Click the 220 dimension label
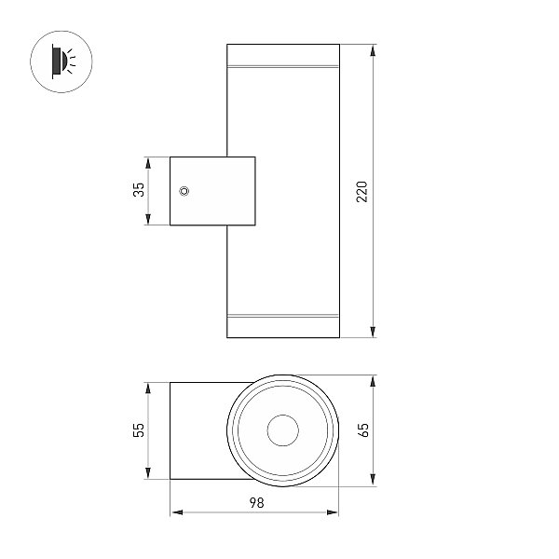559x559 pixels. (361, 191)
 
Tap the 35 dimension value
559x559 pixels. (139, 189)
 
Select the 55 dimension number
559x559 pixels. (139, 429)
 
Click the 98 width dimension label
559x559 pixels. (257, 503)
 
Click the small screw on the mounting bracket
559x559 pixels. (184, 191)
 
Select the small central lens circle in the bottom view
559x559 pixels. (282, 430)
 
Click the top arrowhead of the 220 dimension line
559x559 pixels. (373, 50)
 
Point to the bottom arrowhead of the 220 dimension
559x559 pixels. (373, 332)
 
